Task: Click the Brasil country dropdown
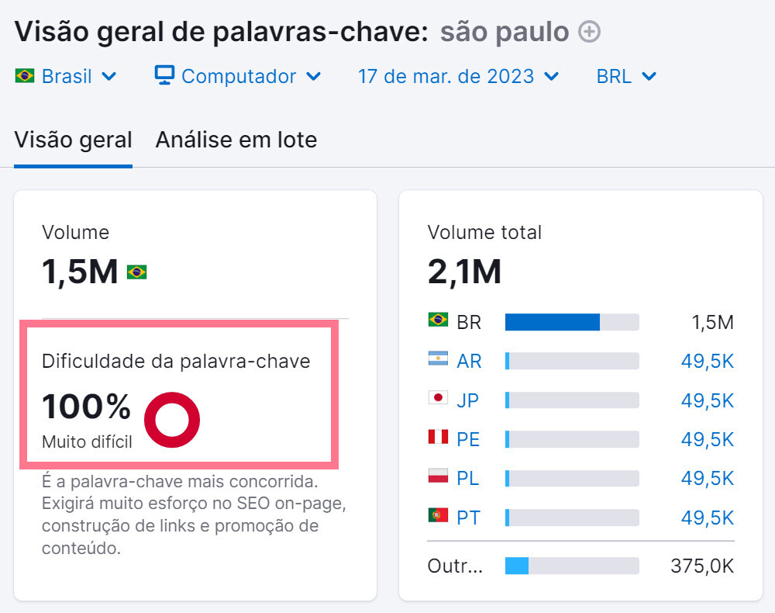click(x=66, y=77)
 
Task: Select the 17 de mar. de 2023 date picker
click(x=457, y=77)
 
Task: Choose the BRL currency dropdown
click(x=626, y=77)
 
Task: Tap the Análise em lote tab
click(x=236, y=140)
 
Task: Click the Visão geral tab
click(x=73, y=140)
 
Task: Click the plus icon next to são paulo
click(x=590, y=32)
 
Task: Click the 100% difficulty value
click(x=86, y=407)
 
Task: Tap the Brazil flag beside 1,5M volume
click(x=136, y=272)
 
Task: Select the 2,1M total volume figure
click(x=464, y=272)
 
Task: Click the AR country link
click(x=469, y=361)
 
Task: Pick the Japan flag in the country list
click(x=438, y=398)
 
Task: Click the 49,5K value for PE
click(x=707, y=439)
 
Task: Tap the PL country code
click(x=468, y=478)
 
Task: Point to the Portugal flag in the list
click(x=438, y=515)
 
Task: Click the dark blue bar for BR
click(x=552, y=322)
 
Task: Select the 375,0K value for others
click(x=701, y=566)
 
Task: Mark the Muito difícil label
click(x=87, y=442)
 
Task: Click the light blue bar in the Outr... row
click(x=516, y=566)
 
